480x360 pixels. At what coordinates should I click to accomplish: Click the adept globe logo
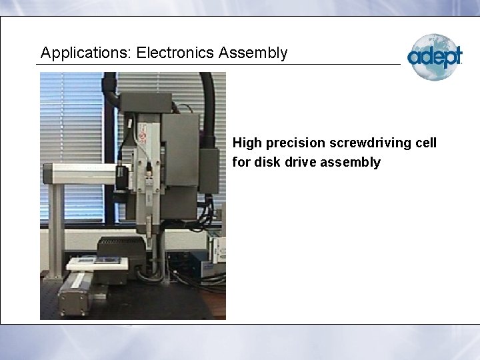[x=435, y=57]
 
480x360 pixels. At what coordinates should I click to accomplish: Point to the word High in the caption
[x=247, y=143]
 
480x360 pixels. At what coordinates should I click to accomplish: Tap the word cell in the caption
[x=426, y=143]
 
